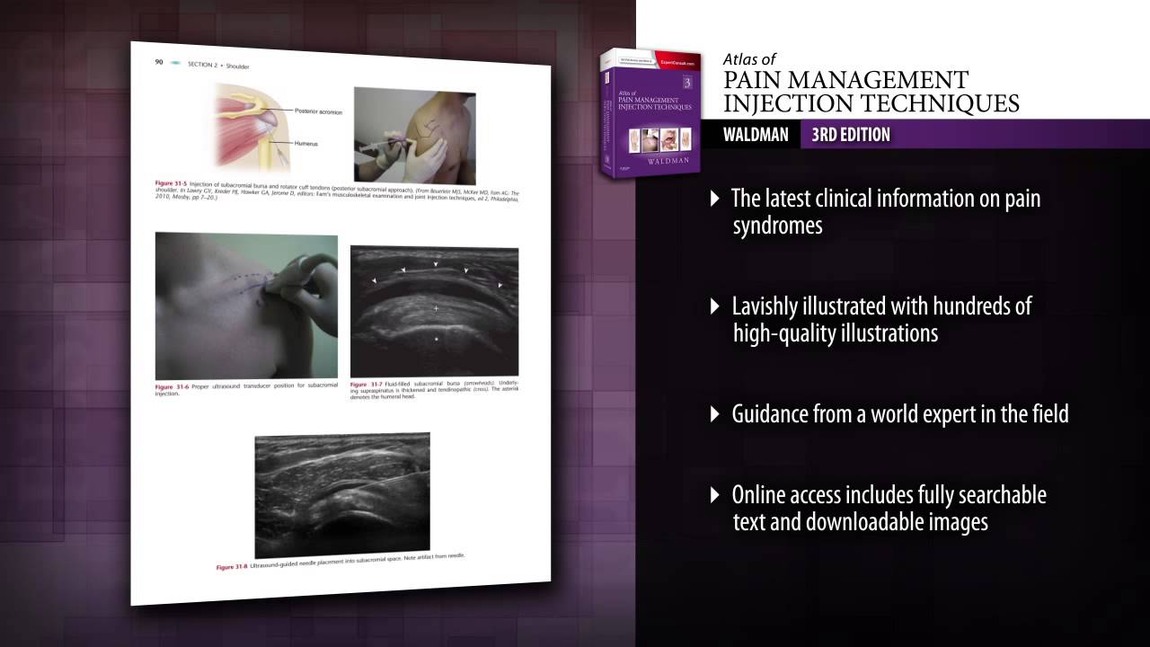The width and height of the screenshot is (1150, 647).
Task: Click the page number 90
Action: [158, 62]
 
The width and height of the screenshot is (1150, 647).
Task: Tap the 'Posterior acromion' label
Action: [319, 111]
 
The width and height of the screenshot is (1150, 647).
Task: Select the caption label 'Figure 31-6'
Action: [171, 387]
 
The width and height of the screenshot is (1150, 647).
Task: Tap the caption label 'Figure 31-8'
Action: [231, 568]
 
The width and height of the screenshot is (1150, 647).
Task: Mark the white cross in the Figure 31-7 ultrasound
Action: [437, 309]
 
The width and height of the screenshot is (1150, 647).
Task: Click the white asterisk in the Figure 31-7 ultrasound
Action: [437, 340]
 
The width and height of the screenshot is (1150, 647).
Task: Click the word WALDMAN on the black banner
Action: [756, 135]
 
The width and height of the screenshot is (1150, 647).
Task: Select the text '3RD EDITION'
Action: [850, 135]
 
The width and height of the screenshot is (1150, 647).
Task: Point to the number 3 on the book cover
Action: [686, 83]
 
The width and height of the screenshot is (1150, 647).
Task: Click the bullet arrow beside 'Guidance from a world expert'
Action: [715, 413]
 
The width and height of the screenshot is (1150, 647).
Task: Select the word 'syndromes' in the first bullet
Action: [777, 226]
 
